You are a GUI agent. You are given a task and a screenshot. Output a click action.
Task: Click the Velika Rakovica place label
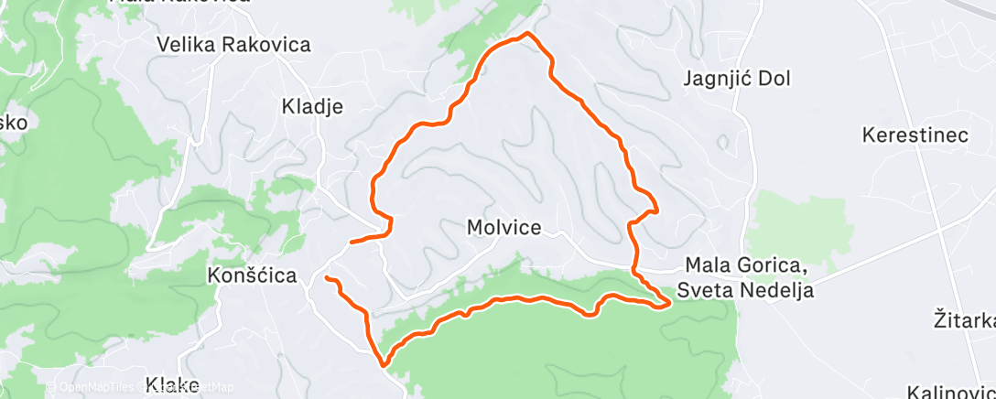click(x=233, y=44)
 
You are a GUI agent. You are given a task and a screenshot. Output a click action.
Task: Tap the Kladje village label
click(x=311, y=106)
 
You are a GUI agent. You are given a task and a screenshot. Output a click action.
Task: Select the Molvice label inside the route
click(x=503, y=227)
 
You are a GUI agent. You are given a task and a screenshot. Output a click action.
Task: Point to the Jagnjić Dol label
click(x=736, y=78)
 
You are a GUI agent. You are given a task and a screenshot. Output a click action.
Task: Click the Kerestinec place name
click(x=915, y=135)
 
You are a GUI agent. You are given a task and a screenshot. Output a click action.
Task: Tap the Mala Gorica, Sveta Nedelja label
click(x=746, y=278)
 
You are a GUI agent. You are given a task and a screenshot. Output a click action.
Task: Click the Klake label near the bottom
click(x=171, y=386)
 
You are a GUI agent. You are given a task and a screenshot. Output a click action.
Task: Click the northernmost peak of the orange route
click(x=526, y=34)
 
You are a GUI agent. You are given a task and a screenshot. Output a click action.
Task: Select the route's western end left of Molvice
click(x=352, y=243)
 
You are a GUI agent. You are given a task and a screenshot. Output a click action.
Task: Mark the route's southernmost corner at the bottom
click(x=384, y=363)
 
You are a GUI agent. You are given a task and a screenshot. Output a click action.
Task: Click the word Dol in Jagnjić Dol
click(x=773, y=78)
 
